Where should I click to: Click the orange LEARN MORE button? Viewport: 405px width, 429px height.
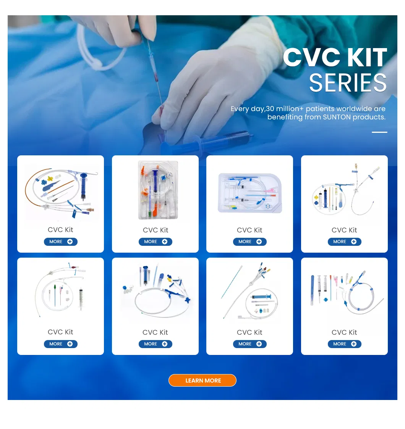[202, 381]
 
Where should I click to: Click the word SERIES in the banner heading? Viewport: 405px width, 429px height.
[348, 83]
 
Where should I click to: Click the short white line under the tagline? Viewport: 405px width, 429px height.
[379, 132]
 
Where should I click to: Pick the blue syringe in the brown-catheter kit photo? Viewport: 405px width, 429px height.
[83, 187]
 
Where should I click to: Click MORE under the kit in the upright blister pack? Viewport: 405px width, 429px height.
[155, 242]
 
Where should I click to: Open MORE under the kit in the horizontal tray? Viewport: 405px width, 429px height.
[249, 242]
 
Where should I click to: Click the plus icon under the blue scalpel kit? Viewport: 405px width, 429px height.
[353, 344]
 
